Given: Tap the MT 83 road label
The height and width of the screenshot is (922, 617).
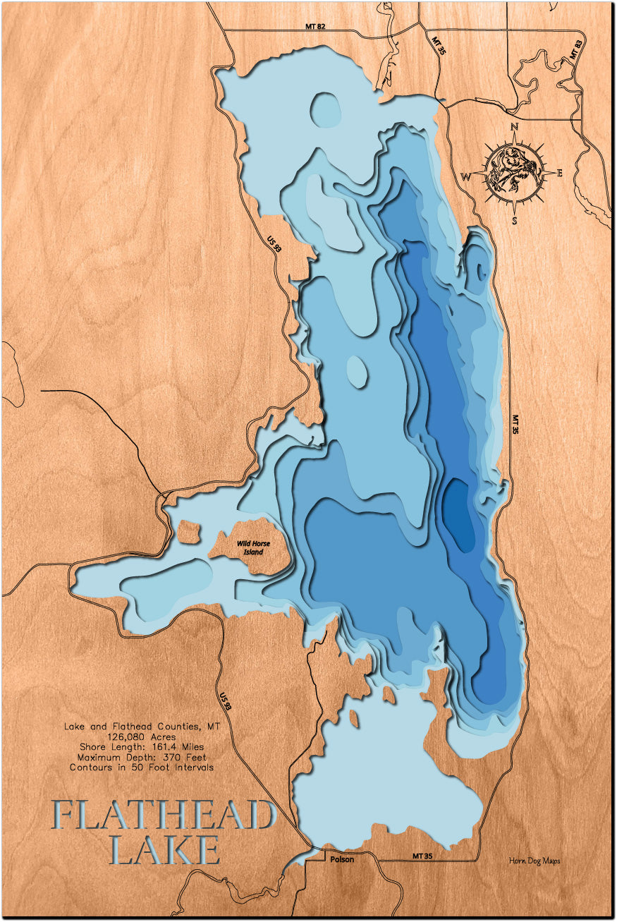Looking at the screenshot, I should tap(576, 49).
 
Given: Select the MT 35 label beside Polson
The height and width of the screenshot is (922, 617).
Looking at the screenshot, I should tap(423, 856).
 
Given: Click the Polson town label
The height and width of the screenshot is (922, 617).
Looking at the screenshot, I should tap(342, 859).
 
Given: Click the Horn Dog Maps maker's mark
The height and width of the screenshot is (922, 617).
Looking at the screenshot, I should tap(534, 861).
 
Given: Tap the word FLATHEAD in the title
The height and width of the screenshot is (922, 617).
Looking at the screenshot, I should tap(163, 816).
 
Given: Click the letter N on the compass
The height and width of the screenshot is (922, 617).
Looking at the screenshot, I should tap(514, 127).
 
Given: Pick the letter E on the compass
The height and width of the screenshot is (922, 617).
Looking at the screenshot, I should tap(559, 174).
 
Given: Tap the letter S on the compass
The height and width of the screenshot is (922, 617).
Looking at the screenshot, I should tap(515, 220).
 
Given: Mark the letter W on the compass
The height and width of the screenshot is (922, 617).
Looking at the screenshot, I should tap(467, 176).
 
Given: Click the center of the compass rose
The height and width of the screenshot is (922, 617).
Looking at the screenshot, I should tap(514, 174).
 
